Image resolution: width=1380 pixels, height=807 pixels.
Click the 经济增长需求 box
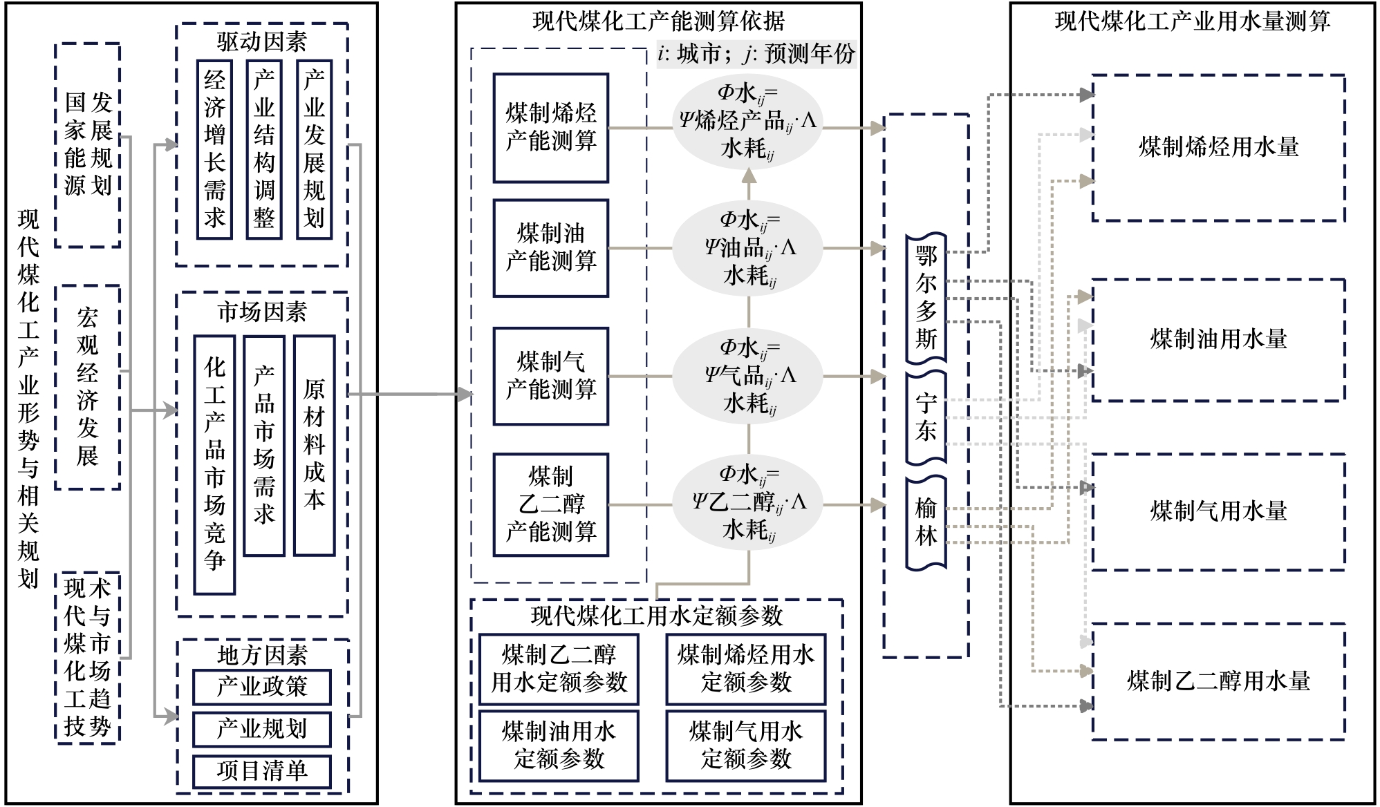click(214, 149)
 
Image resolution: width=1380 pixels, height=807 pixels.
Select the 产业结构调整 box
click(264, 149)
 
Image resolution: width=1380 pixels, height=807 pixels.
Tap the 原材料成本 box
click(314, 446)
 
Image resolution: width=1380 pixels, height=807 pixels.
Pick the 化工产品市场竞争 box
click(214, 464)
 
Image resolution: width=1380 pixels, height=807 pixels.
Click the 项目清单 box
click(261, 771)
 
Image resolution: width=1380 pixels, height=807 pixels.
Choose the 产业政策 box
click(261, 687)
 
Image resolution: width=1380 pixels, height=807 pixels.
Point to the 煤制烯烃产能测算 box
click(550, 128)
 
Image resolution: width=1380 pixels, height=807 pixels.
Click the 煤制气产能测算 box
click(550, 376)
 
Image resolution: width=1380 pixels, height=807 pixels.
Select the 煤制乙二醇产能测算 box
click(550, 504)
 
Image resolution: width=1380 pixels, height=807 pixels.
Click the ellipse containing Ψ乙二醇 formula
click(748, 503)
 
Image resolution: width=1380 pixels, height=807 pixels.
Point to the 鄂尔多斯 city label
click(926, 298)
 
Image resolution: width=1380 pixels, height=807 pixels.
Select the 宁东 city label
click(926, 417)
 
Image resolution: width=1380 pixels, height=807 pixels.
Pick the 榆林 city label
click(926, 522)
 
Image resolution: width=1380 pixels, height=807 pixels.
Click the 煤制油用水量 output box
click(1218, 339)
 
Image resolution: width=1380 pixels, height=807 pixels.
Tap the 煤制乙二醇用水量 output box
click(1218, 681)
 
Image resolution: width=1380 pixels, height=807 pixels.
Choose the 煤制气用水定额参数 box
click(745, 746)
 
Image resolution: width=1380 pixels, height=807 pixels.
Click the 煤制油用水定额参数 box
click(559, 746)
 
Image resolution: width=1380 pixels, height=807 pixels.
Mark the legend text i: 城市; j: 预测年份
click(756, 54)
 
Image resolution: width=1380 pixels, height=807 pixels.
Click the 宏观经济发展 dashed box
click(87, 387)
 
